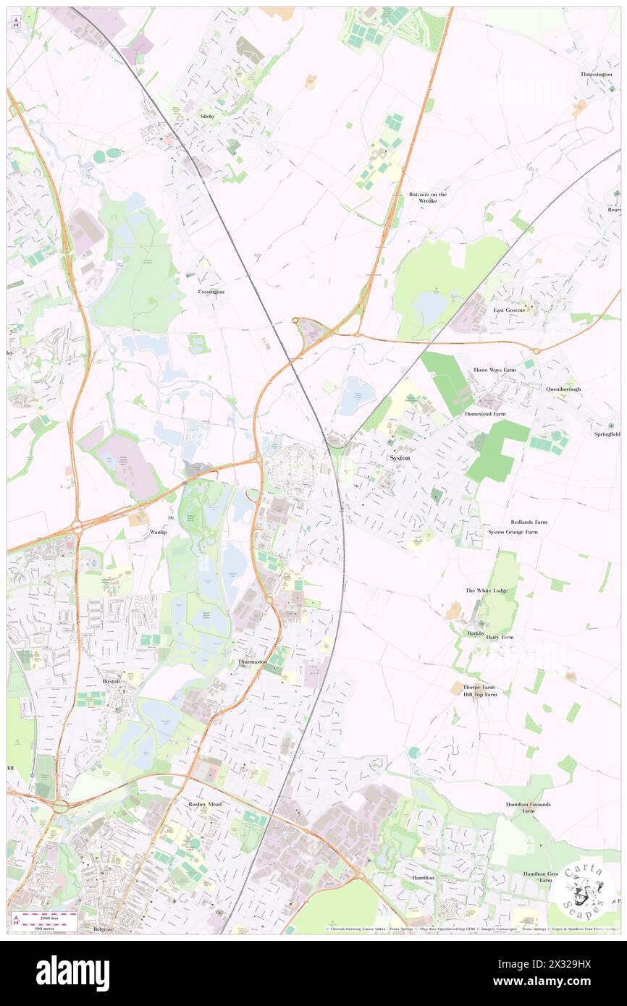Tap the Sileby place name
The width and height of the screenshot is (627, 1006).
coord(208,116)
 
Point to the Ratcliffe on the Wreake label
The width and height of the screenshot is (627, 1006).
coord(428,198)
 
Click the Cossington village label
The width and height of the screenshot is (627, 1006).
coord(211,292)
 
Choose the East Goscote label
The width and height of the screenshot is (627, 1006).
coord(509,310)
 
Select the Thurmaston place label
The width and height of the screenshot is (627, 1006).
coord(252,661)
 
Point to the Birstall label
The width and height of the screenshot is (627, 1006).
coord(111,682)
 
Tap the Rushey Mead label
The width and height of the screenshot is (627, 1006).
coord(205,804)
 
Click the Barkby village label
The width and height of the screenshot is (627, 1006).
coord(476,633)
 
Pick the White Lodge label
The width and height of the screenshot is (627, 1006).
coord(487,591)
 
